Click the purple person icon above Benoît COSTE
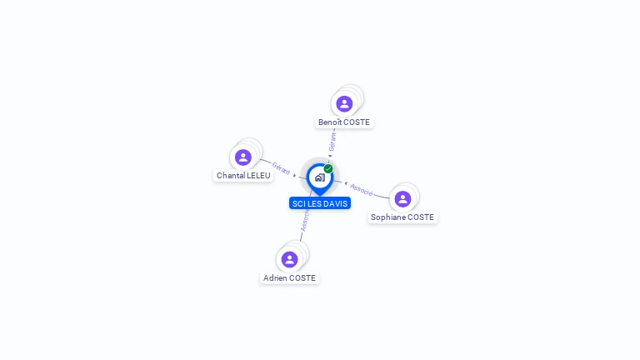pyautogui.click(x=344, y=103)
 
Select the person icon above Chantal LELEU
pyautogui.click(x=242, y=157)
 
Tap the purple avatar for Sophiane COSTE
pyautogui.click(x=402, y=199)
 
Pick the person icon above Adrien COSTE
pyautogui.click(x=289, y=259)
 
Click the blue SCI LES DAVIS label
pyautogui.click(x=320, y=203)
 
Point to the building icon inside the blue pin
pyautogui.click(x=320, y=177)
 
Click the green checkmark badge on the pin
pyautogui.click(x=328, y=168)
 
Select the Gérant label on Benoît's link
pyautogui.click(x=332, y=142)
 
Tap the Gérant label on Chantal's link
pyautogui.click(x=281, y=168)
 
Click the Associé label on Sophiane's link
pyautogui.click(x=362, y=190)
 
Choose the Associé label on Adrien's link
pyautogui.click(x=305, y=220)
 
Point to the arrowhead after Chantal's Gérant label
pyautogui.click(x=294, y=175)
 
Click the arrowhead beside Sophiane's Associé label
pyautogui.click(x=346, y=183)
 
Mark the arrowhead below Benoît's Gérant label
pyautogui.click(x=330, y=156)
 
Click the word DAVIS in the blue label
pyautogui.click(x=337, y=203)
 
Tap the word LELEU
pyautogui.click(x=258, y=176)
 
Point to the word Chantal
pyautogui.click(x=230, y=176)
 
